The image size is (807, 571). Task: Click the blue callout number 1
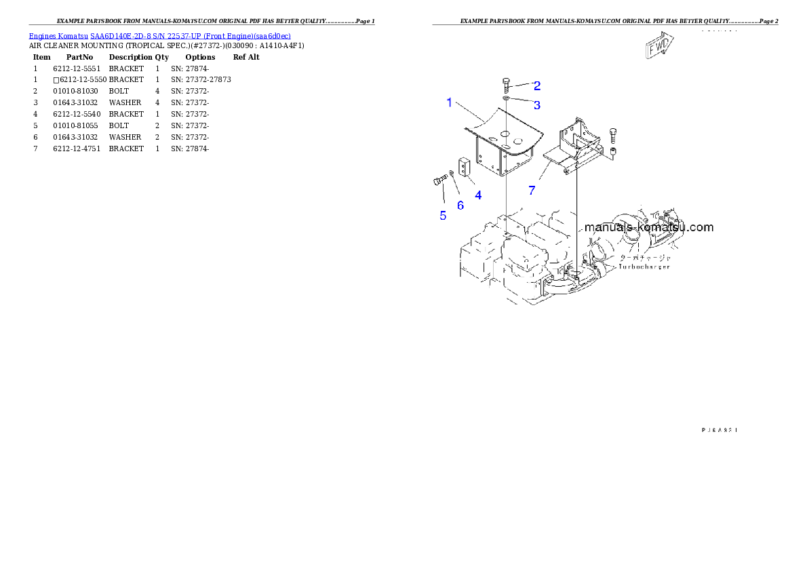pos(449,102)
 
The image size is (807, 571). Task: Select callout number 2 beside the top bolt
pos(536,85)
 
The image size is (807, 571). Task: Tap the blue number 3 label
pos(536,105)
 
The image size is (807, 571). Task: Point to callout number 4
pos(478,195)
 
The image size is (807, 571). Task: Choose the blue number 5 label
pos(443,216)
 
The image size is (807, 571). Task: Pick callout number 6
pos(460,205)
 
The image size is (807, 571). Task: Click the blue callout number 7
pos(532,191)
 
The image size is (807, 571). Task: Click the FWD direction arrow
pos(658,47)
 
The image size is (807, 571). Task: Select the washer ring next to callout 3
pos(507,99)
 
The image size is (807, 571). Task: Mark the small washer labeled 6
pos(452,174)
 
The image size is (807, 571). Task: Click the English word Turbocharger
pos(644,267)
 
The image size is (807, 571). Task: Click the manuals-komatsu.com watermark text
pos(648,227)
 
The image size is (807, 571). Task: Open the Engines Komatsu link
pos(58,36)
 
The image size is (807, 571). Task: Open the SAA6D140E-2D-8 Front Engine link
pos(191,36)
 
